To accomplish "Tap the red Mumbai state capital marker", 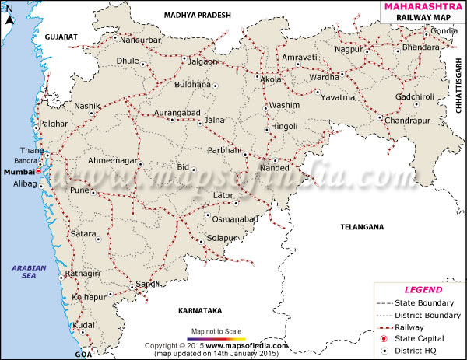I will (38, 170).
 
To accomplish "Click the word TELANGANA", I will (363, 227).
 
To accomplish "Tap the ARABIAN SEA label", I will (29, 272).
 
